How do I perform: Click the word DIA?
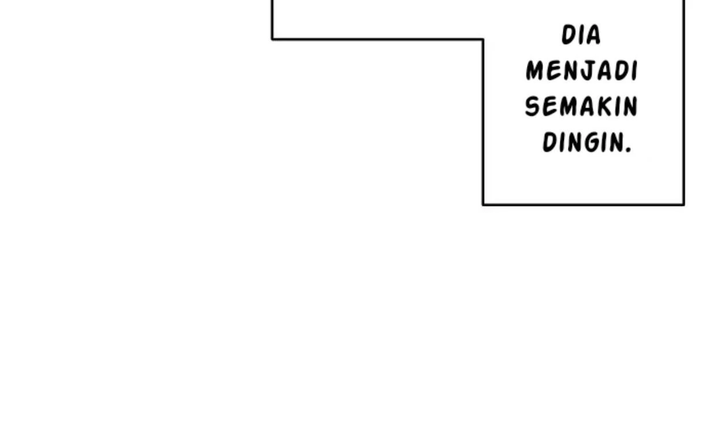[581, 35]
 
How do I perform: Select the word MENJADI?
[582, 71]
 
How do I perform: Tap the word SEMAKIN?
[581, 106]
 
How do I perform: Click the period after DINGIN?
[629, 150]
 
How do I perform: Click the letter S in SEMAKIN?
[532, 106]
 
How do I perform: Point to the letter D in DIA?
[569, 35]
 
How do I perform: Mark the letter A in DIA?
[592, 35]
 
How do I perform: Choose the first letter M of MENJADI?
[535, 71]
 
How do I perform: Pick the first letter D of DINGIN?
[550, 142]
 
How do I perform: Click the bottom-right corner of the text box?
[683, 204]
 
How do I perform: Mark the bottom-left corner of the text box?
[484, 204]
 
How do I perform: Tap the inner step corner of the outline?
[484, 39]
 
